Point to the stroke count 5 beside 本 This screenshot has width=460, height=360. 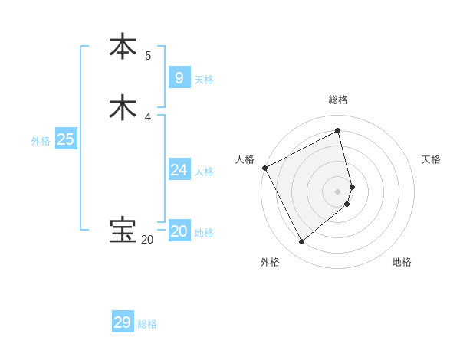[148, 55]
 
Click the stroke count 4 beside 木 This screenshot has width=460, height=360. [148, 116]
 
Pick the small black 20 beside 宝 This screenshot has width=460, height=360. [146, 240]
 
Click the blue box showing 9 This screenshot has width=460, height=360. [179, 77]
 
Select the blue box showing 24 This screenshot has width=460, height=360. [179, 169]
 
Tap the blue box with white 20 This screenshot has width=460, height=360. [179, 231]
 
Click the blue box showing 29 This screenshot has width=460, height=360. [122, 322]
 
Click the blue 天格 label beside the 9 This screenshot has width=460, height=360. [204, 80]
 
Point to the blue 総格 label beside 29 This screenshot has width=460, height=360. [147, 325]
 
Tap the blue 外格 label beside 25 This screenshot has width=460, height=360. [41, 141]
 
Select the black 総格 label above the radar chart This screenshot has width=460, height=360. [338, 100]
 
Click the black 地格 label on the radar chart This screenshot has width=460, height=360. [402, 263]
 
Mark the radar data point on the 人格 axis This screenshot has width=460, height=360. [264, 168]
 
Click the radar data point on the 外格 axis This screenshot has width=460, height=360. [301, 242]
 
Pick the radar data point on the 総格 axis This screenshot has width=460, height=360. [338, 131]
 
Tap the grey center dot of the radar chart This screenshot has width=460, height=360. [338, 191]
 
